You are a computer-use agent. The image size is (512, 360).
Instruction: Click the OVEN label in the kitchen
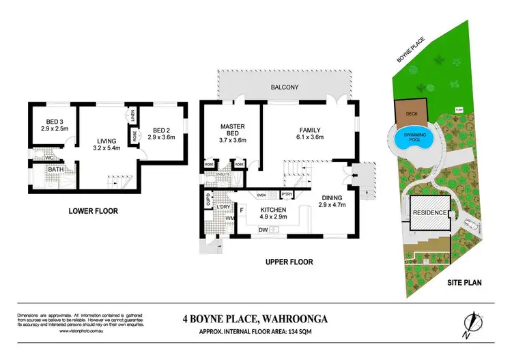261,195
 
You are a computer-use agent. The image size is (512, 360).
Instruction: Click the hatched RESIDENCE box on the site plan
429,213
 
